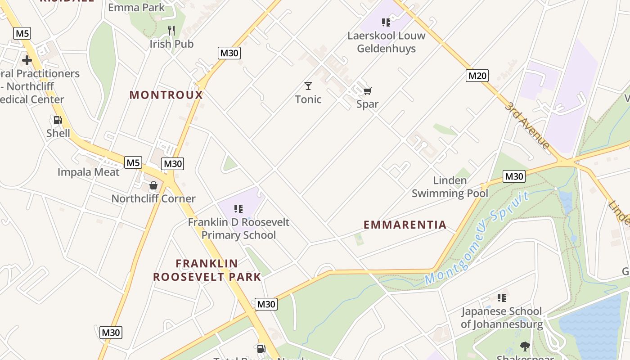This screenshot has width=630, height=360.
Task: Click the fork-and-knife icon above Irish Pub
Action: pos(171,31)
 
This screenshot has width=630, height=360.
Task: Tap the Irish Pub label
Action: pos(171,44)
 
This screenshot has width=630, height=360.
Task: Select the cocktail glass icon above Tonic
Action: pos(308,85)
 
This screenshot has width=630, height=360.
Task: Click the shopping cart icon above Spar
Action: pos(367,91)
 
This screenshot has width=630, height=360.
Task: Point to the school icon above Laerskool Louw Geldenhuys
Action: pos(386,22)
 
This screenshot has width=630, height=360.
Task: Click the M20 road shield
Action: pos(477,76)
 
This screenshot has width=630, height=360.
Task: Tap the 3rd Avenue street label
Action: pos(527,125)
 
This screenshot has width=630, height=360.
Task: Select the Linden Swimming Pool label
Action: pos(450,187)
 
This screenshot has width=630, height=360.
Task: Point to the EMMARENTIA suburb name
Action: pos(405,225)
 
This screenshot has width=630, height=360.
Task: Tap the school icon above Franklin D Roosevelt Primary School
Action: pos(238,209)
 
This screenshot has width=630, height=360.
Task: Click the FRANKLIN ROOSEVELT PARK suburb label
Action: pos(207,270)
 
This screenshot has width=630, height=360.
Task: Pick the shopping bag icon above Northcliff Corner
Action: pos(153,185)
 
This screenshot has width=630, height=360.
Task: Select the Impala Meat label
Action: pos(89,172)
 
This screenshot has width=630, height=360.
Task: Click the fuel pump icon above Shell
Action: pos(58,120)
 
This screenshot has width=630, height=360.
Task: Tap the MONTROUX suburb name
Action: pos(166,95)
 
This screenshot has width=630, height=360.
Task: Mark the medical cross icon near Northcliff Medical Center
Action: pos(27,60)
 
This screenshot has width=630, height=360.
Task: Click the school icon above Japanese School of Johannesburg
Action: pos(502,297)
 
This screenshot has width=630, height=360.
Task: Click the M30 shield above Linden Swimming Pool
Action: pos(514,176)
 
